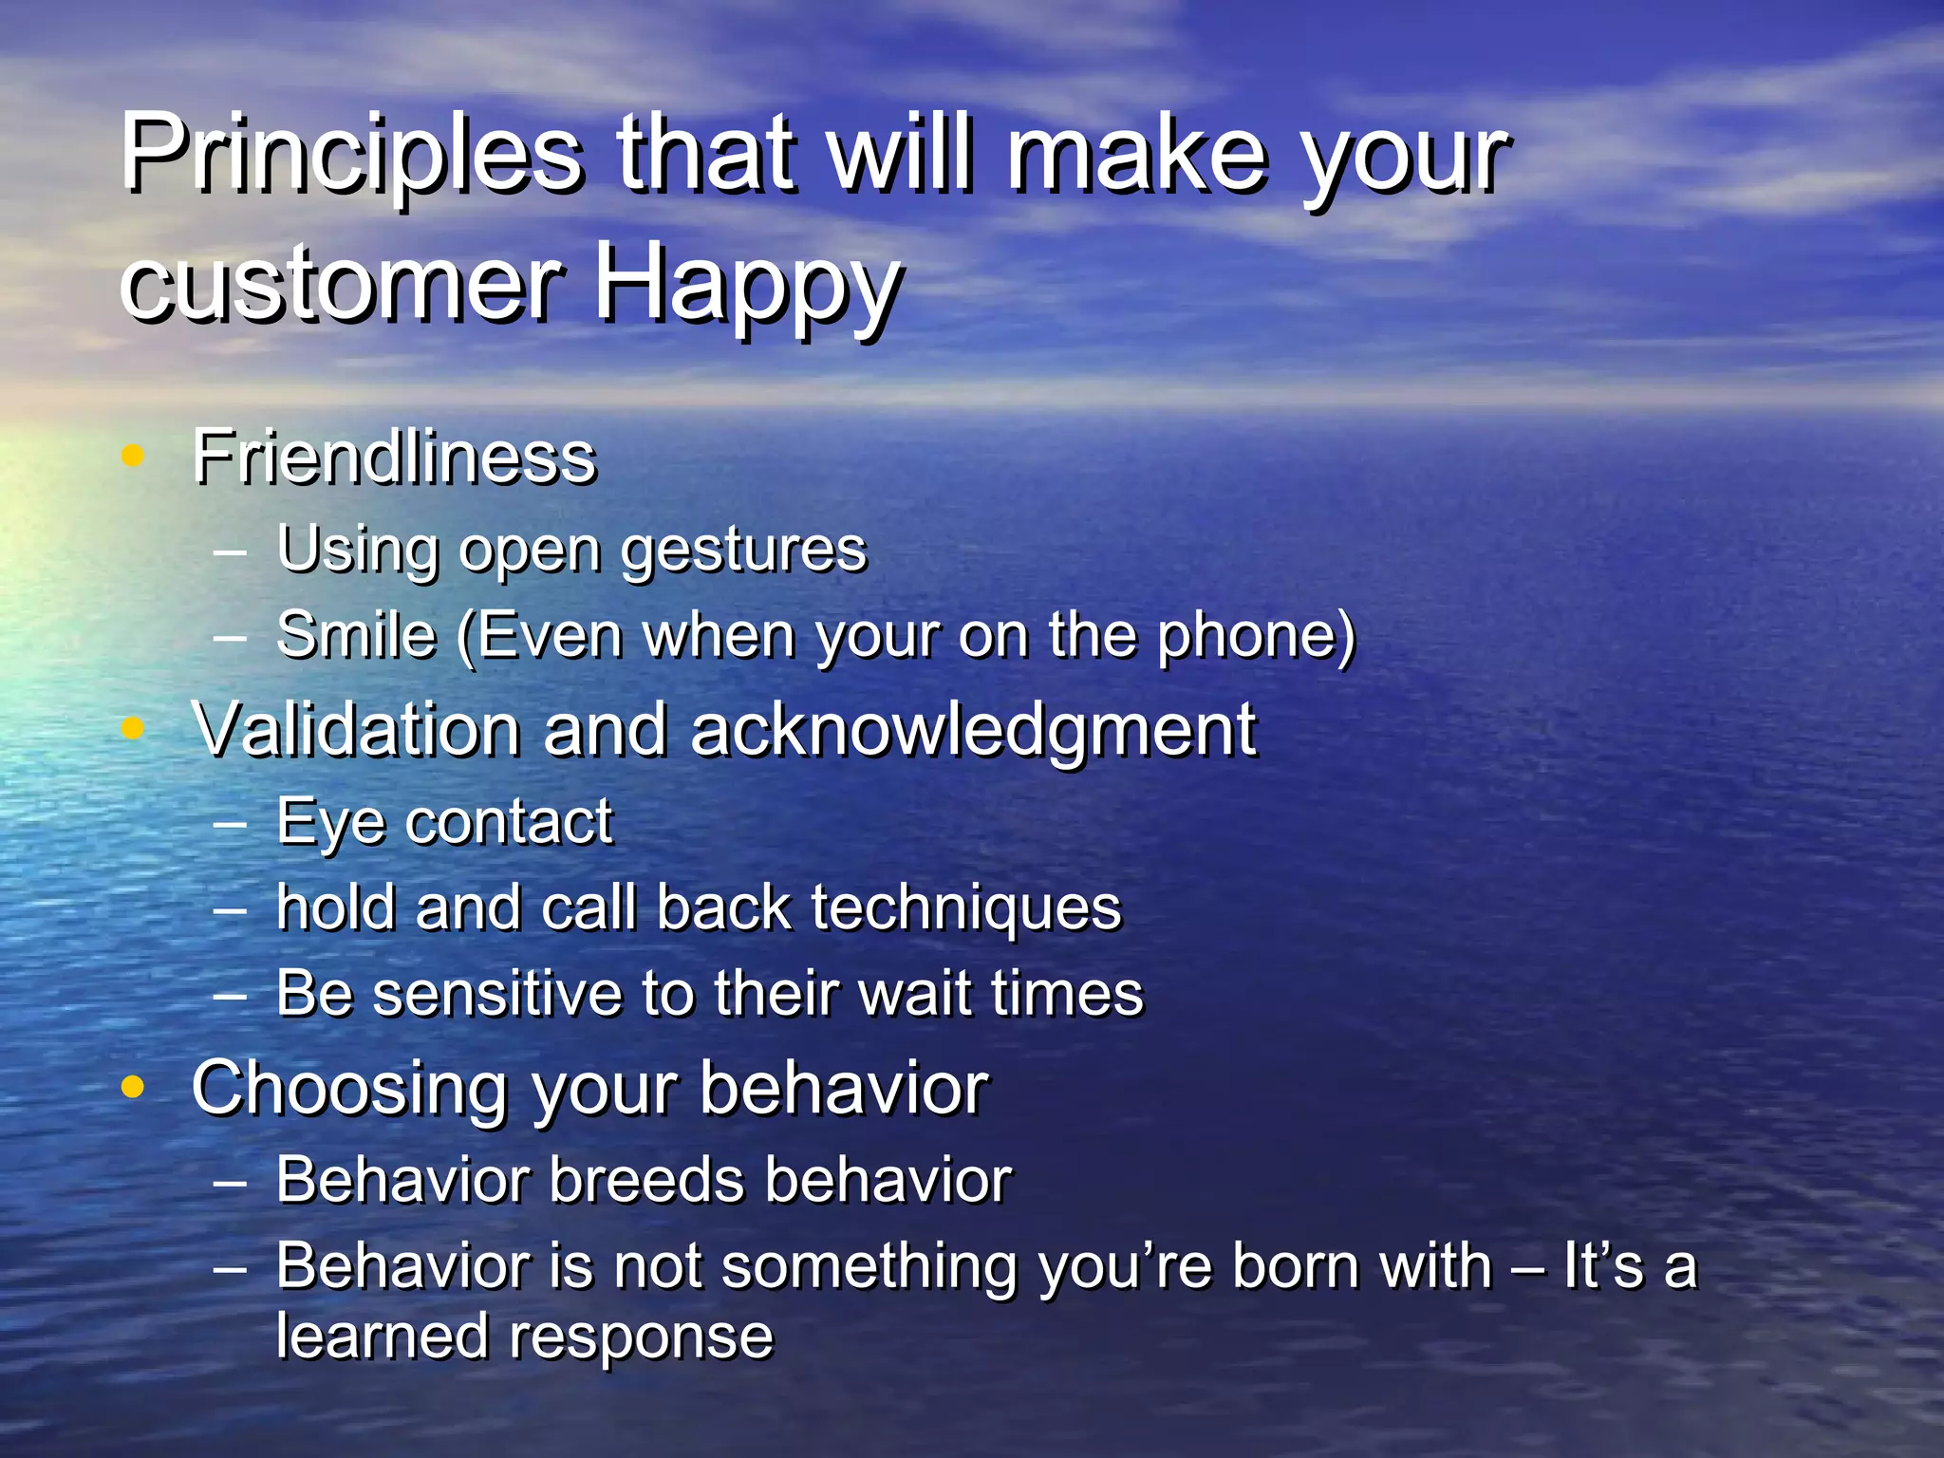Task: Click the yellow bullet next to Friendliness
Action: pyautogui.click(x=133, y=456)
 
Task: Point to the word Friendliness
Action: pyautogui.click(x=394, y=458)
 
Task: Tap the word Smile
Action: pyautogui.click(x=356, y=635)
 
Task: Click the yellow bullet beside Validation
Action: pyautogui.click(x=133, y=728)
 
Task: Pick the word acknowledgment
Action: pyautogui.click(x=973, y=731)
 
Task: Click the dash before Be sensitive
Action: pyautogui.click(x=230, y=996)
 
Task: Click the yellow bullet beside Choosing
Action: pyautogui.click(x=133, y=1087)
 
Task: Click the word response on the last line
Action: pyautogui.click(x=642, y=1338)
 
